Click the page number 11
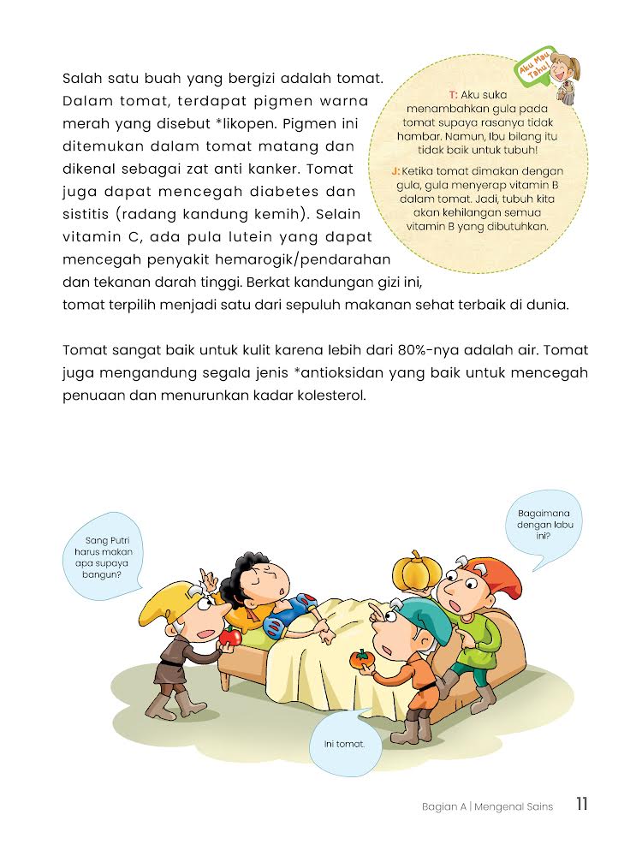[581, 805]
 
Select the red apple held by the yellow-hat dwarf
[229, 637]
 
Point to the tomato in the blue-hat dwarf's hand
[362, 659]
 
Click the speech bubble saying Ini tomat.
[344, 744]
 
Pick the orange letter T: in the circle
[453, 94]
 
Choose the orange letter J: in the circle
[395, 171]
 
